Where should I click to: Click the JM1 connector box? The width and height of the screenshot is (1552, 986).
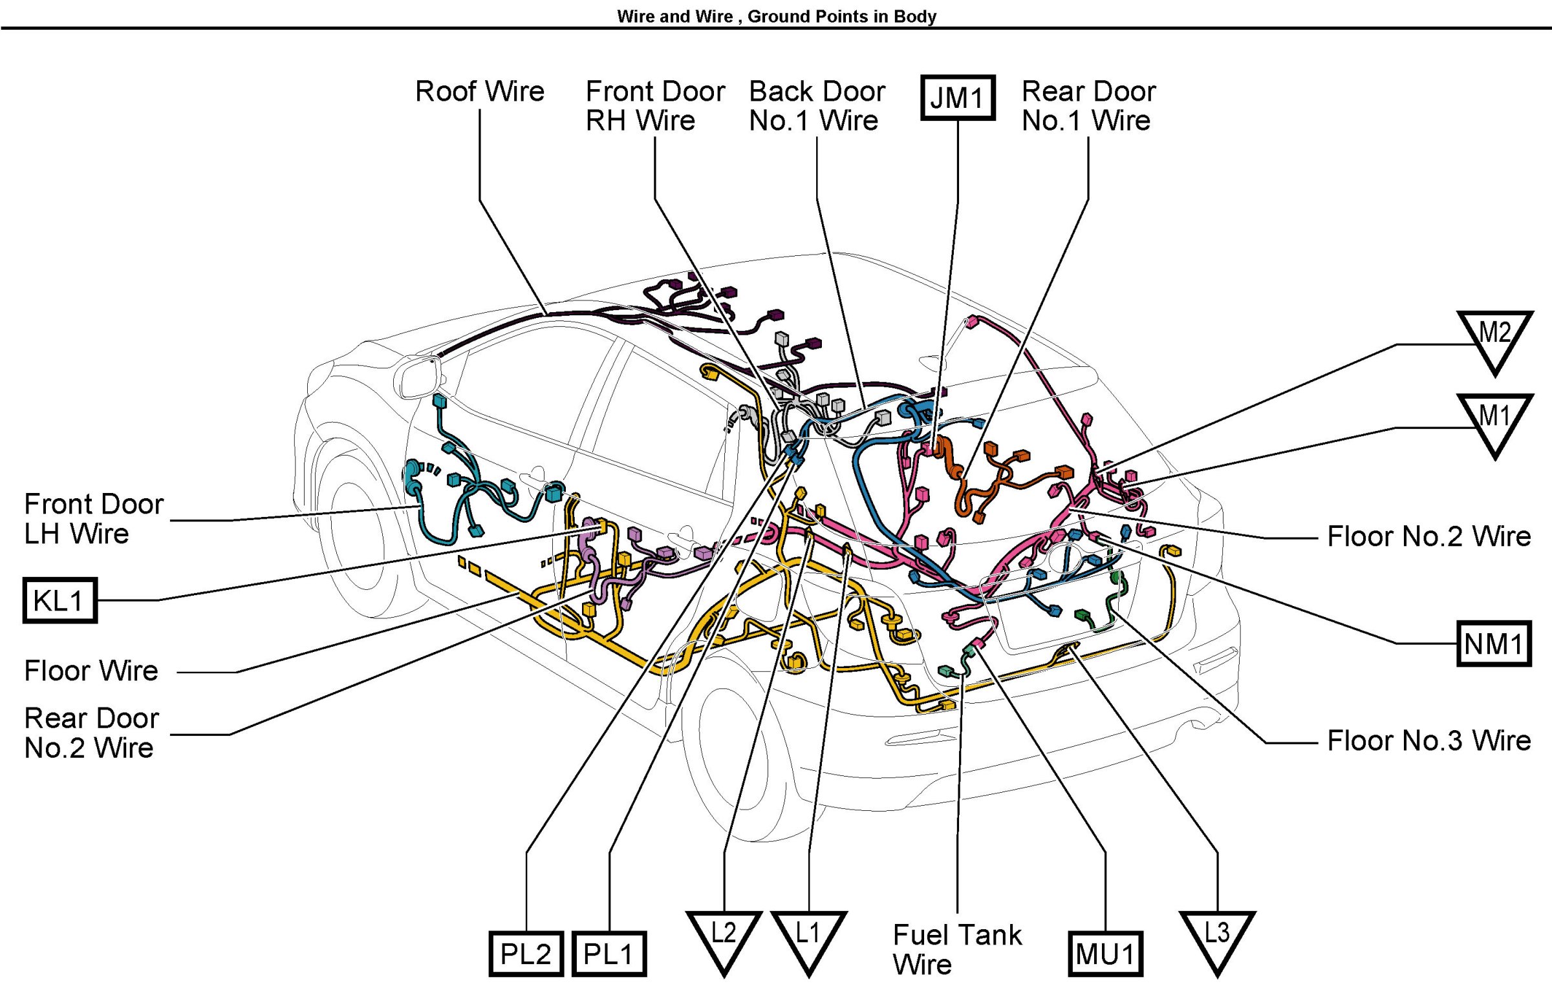point(957,98)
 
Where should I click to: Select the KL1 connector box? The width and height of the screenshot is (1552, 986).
point(59,600)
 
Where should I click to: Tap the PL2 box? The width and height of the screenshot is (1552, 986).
point(526,954)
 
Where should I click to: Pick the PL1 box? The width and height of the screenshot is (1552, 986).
point(609,954)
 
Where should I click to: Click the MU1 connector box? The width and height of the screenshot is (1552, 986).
point(1105,954)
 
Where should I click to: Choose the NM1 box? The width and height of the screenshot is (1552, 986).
point(1494,644)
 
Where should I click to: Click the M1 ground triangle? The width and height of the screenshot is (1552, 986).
point(1494,421)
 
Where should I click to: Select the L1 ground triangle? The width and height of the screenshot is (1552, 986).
point(808,938)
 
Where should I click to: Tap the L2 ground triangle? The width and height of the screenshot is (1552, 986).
point(724,938)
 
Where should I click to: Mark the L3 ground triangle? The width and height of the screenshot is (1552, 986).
point(1217,938)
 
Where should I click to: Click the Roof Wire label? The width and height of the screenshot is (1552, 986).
point(479,91)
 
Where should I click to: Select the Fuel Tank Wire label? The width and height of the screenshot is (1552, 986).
point(956,949)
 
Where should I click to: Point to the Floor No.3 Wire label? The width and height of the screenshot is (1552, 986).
point(1428,740)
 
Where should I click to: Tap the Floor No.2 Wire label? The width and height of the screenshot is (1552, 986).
point(1428,536)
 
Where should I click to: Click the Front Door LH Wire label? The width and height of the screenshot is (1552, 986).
point(94,519)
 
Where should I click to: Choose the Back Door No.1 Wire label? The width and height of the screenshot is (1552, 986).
point(817,105)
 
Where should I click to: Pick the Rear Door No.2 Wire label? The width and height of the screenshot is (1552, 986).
point(91,733)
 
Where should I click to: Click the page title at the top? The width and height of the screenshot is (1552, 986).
point(776,16)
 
